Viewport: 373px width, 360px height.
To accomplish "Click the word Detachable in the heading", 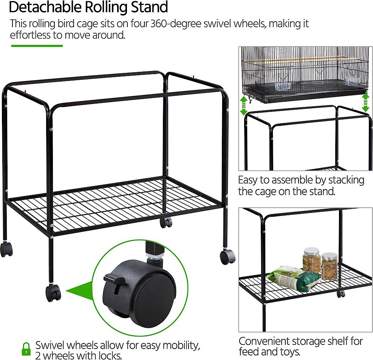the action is pos(45,7).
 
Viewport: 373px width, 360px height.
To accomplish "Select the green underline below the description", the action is pos(37,46).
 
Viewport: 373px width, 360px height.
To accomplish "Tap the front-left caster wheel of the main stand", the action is pos(53,293).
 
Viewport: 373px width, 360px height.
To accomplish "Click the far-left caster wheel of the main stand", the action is pos(6,249).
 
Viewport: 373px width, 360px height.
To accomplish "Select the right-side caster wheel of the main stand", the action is pos(228,257).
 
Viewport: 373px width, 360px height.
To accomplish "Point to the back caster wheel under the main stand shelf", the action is pos(166,222).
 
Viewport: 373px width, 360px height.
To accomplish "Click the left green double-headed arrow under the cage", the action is pos(244,105).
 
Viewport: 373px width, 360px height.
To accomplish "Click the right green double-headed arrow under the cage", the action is pos(365,102).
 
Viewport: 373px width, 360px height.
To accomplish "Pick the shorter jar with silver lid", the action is pos(330,266).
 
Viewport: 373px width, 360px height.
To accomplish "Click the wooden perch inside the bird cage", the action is pos(294,59).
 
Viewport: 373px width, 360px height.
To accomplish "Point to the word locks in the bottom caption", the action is pos(110,355).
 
